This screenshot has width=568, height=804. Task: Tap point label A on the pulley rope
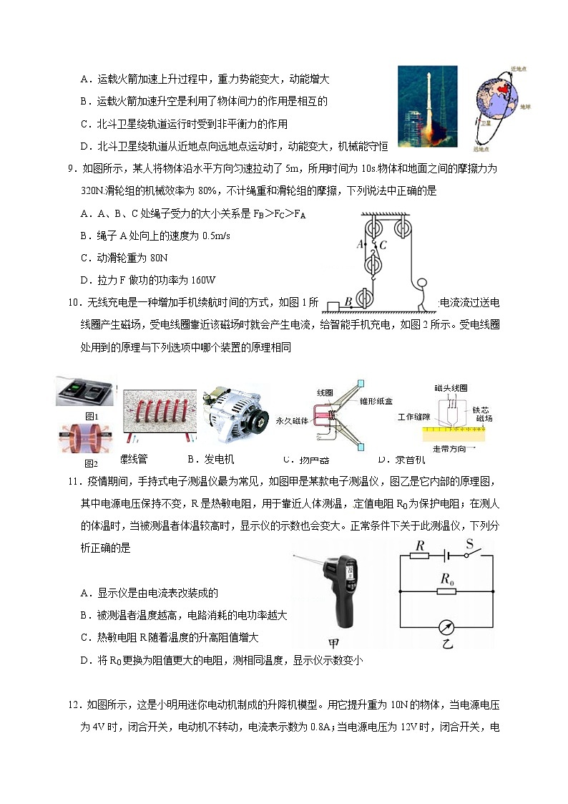(361, 243)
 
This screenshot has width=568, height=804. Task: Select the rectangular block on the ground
(333, 307)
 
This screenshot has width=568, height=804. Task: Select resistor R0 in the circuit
(448, 591)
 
